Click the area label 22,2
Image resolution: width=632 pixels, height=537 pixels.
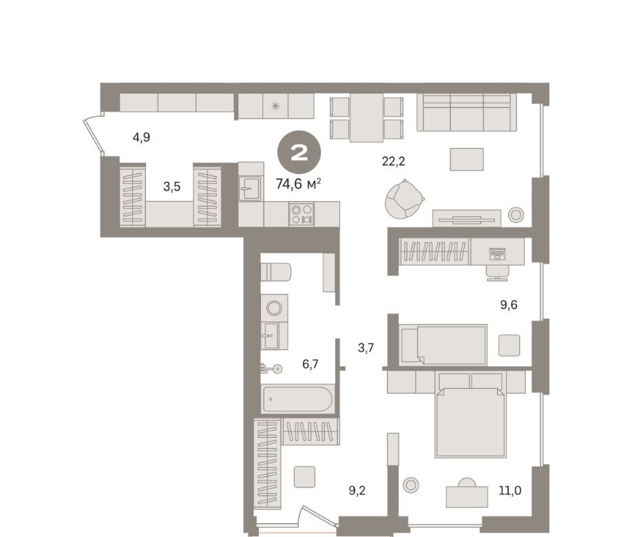click(393, 161)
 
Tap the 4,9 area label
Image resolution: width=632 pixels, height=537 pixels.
click(141, 138)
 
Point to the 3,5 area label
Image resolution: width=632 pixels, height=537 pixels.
click(171, 187)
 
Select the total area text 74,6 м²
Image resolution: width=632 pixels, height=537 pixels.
click(298, 184)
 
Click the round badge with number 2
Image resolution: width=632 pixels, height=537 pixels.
click(299, 153)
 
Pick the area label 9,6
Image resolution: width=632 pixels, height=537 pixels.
click(509, 305)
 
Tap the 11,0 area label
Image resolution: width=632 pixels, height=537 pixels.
click(510, 491)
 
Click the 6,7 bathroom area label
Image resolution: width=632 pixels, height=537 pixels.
click(310, 364)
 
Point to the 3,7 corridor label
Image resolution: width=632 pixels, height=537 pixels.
click(366, 348)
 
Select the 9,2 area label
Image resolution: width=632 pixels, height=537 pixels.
click(357, 491)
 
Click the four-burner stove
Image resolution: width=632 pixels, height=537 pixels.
click(302, 214)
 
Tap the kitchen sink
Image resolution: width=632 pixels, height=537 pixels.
click(250, 188)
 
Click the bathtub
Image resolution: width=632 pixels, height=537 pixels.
click(297, 399)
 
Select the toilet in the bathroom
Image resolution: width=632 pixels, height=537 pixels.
click(275, 272)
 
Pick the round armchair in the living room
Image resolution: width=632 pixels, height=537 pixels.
click(404, 199)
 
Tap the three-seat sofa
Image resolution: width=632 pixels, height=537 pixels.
click(467, 112)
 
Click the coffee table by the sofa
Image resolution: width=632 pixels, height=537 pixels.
click(466, 159)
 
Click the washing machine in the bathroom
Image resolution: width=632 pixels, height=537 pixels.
click(274, 308)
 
